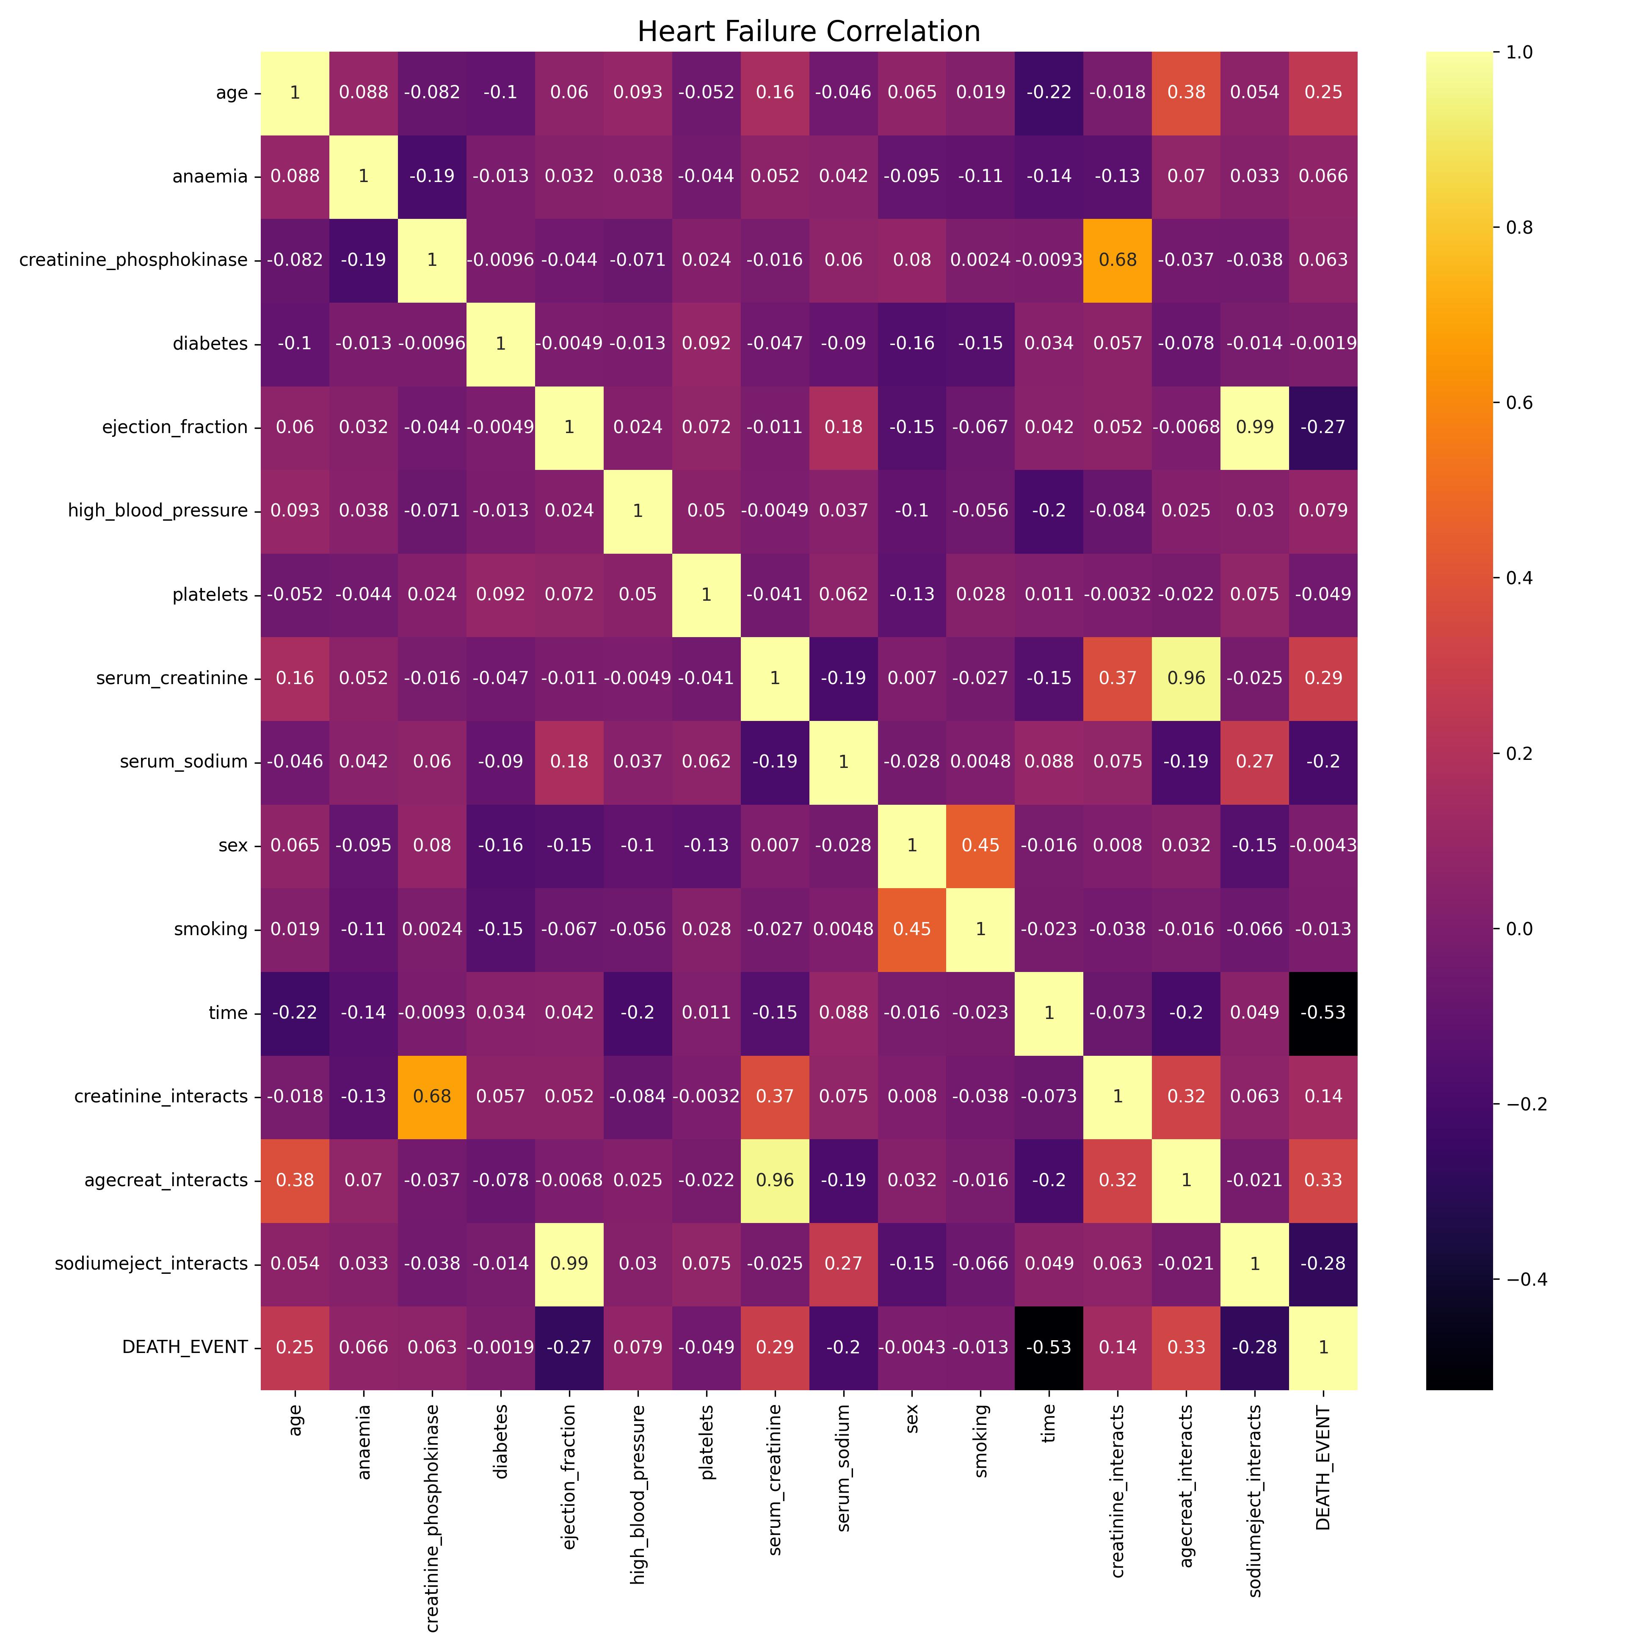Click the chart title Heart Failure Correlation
click(x=809, y=32)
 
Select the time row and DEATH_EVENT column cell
click(x=1323, y=1013)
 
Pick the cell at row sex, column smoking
click(x=980, y=845)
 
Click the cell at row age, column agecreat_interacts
click(x=1186, y=92)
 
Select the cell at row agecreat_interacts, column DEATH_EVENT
click(x=1323, y=1180)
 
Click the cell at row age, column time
click(x=1049, y=92)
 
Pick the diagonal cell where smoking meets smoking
click(x=980, y=929)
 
